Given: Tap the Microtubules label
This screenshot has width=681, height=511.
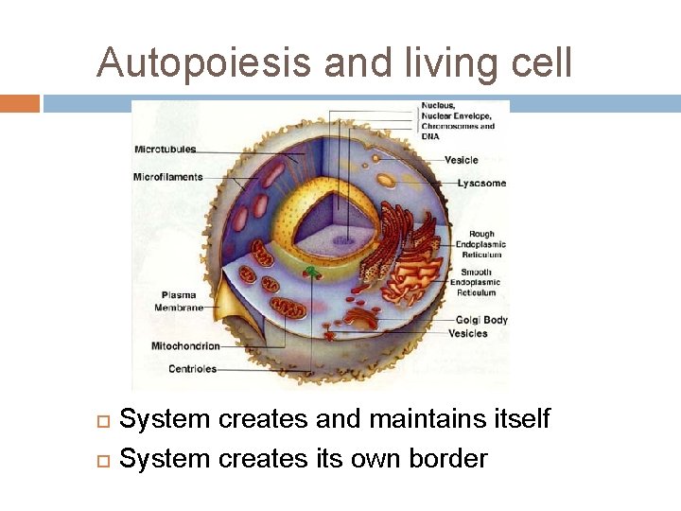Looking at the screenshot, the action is [166, 150].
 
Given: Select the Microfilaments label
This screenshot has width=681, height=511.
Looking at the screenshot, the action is [167, 177].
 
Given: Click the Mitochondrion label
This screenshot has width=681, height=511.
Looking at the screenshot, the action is [185, 346].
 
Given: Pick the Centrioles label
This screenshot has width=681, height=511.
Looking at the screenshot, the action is [192, 369].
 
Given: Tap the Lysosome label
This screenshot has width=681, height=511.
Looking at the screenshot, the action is [481, 183].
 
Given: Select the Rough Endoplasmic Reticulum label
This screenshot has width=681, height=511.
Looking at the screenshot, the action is [480, 244].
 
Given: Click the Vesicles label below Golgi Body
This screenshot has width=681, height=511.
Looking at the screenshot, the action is [468, 333].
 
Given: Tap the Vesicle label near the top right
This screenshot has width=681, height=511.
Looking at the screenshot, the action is [462, 160].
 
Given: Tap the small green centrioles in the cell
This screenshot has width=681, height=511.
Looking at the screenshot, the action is [312, 273].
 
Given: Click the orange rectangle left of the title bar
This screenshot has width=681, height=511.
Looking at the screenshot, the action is [20, 103].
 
